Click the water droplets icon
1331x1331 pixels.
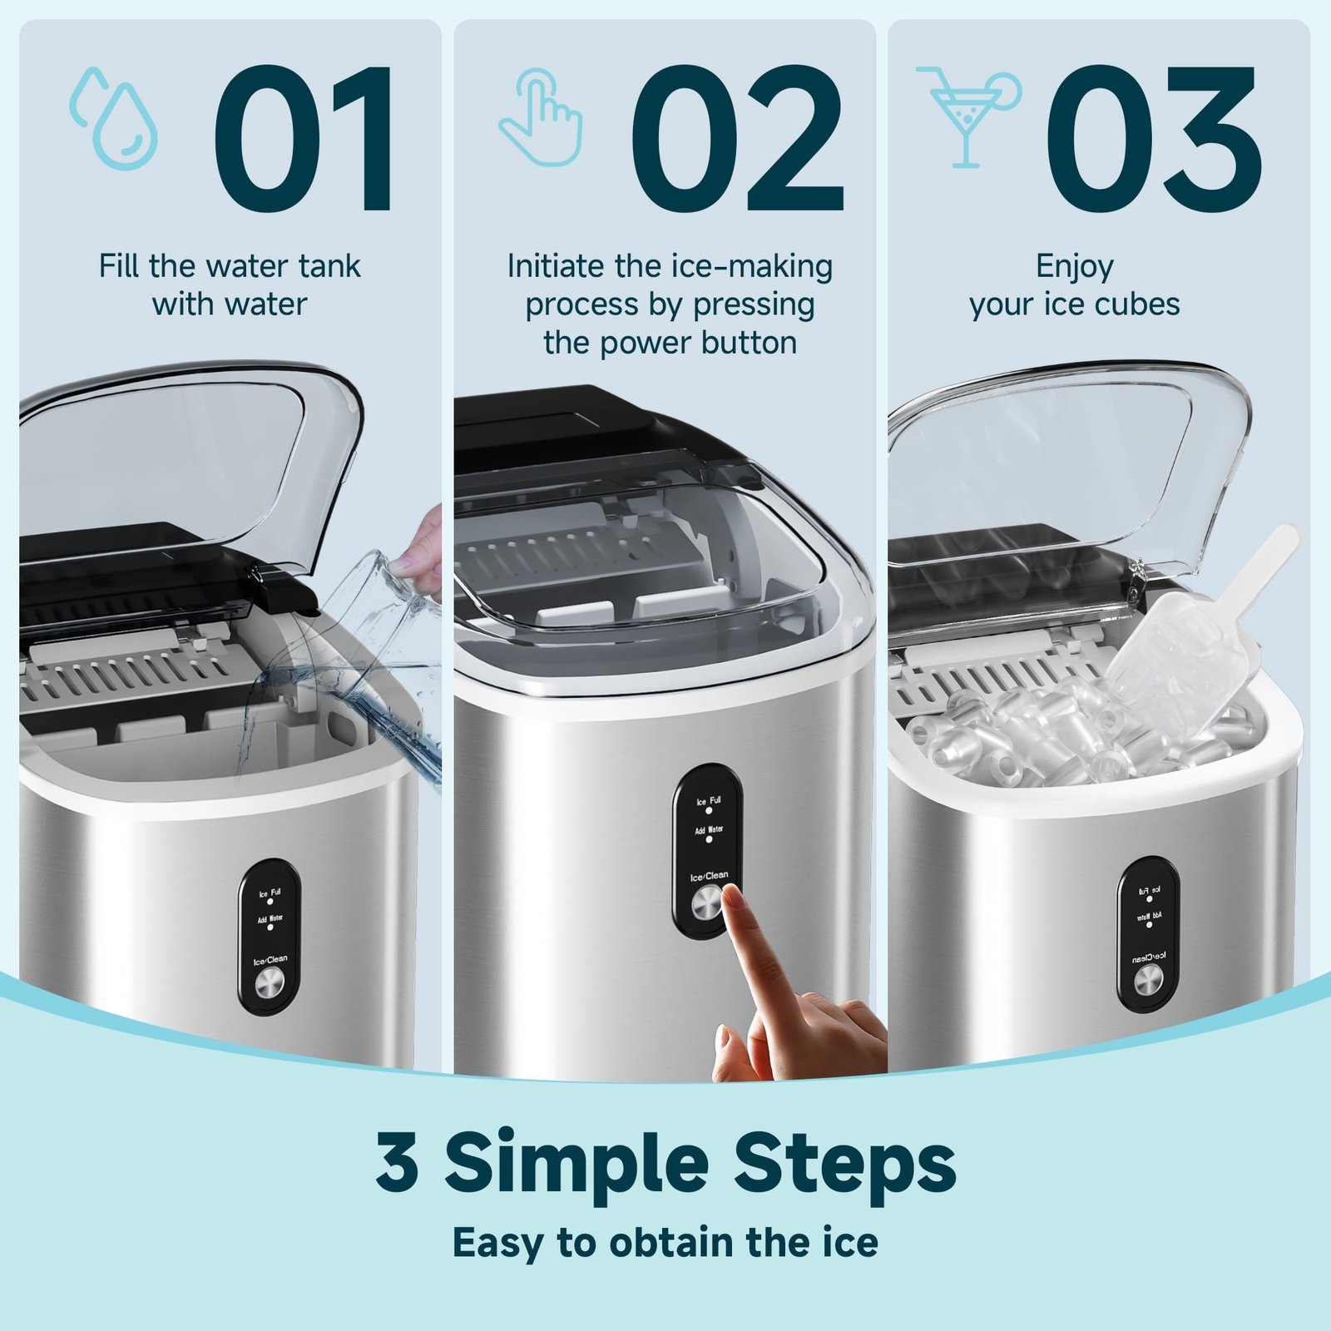[x=114, y=119]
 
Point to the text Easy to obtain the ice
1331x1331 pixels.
[x=665, y=1243]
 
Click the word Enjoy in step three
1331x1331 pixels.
[x=1074, y=266]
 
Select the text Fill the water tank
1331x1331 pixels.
[x=230, y=266]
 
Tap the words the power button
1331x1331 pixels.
[x=670, y=343]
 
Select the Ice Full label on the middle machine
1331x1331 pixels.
[x=709, y=801]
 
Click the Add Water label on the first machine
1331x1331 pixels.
[x=270, y=919]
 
